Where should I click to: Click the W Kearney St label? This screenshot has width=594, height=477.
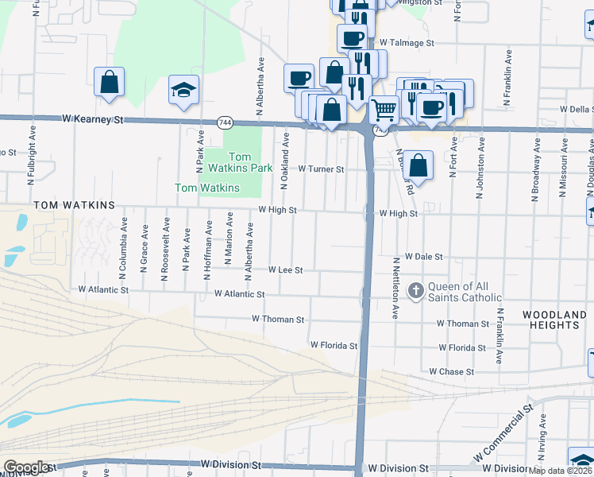click(94, 120)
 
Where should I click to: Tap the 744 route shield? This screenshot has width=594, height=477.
click(225, 122)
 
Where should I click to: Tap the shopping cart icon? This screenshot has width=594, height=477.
click(384, 108)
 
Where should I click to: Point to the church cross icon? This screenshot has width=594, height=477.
click(415, 291)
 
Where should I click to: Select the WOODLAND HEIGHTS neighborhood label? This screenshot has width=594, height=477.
click(554, 320)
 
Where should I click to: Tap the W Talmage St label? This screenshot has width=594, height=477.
click(407, 43)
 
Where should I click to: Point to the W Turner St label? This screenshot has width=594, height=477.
click(321, 169)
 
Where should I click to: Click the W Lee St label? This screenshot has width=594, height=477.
click(286, 270)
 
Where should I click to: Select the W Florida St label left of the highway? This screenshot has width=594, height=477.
click(334, 346)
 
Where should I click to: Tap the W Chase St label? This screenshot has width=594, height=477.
click(451, 371)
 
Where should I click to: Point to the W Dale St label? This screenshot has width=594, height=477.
click(423, 257)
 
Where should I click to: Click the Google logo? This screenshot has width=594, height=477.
click(26, 467)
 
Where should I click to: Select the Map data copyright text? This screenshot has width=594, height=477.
click(561, 471)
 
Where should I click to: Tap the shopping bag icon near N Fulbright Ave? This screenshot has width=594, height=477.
click(109, 82)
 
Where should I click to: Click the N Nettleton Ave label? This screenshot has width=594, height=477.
click(395, 288)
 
